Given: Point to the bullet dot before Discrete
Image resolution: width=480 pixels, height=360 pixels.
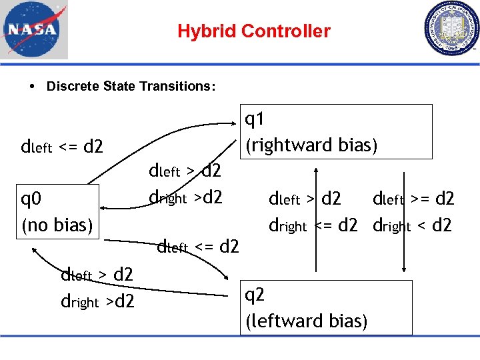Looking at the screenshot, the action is [x=33, y=87].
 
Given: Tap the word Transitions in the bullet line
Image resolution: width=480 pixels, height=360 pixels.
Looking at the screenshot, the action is [x=183, y=87].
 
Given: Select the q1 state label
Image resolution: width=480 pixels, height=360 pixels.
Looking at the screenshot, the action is [x=255, y=120].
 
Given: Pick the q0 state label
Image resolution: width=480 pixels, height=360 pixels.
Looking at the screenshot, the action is [x=32, y=199].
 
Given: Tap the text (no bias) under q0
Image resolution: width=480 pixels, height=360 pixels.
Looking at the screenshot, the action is [x=57, y=225].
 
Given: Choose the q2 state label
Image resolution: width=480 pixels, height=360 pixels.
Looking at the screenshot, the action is [x=255, y=295].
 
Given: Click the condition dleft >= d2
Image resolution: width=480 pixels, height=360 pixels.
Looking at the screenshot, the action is [x=413, y=199].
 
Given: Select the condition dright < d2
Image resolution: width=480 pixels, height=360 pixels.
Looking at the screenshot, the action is [x=412, y=225].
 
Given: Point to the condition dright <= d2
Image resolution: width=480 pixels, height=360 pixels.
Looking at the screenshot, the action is [x=313, y=225].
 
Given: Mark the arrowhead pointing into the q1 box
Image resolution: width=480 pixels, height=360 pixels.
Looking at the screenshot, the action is [x=241, y=125].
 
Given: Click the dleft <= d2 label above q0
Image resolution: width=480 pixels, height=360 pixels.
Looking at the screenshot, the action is [x=62, y=146].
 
